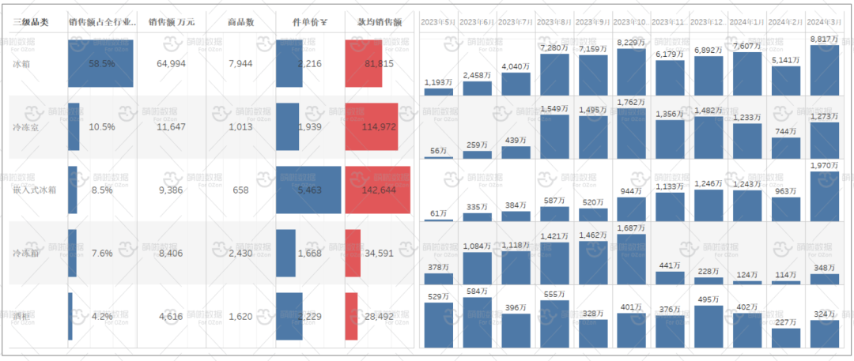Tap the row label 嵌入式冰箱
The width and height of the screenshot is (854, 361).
[x=32, y=190]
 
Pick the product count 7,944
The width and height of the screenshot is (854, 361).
[x=240, y=63]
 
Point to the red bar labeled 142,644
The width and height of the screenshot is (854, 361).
[x=378, y=190]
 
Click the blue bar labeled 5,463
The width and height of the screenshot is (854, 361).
[x=308, y=190]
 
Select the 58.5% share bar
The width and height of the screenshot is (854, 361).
[x=100, y=63]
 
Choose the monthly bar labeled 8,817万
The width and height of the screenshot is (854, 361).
[x=825, y=71]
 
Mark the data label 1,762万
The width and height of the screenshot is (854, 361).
[x=632, y=101]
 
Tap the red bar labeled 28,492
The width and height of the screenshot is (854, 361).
[x=351, y=316]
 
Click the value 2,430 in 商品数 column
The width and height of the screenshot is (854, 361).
[x=240, y=253]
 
